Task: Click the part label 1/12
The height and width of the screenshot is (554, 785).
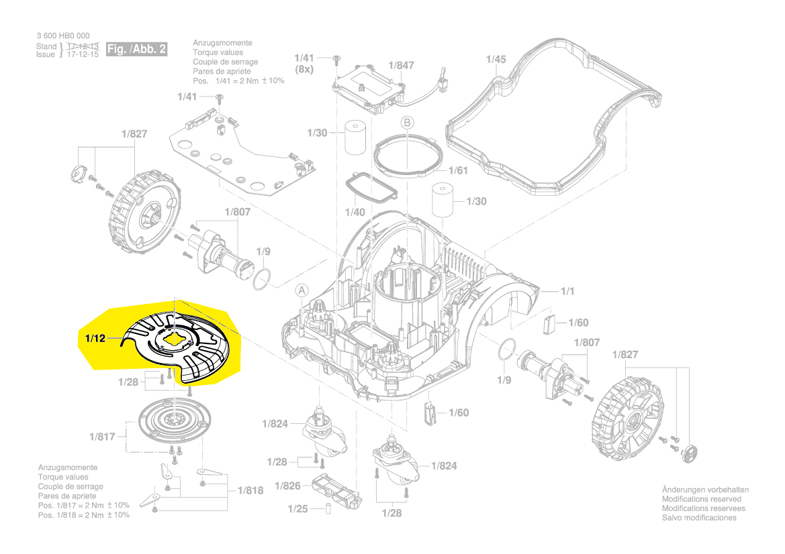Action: click(95, 339)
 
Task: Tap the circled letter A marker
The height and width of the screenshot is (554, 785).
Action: click(302, 290)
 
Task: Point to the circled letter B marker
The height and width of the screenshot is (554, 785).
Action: click(407, 123)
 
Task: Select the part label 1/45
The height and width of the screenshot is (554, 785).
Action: click(496, 59)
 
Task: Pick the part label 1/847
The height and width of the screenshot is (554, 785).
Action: click(402, 66)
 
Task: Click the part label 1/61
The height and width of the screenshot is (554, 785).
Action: click(457, 170)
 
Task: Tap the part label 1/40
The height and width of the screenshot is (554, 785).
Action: click(355, 212)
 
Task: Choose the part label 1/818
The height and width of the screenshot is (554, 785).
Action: click(250, 490)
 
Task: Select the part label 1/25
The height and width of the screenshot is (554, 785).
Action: click(297, 509)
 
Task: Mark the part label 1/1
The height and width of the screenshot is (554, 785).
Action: click(568, 291)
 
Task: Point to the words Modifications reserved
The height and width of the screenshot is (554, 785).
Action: click(702, 499)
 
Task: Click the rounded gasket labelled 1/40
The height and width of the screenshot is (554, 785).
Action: click(371, 192)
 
